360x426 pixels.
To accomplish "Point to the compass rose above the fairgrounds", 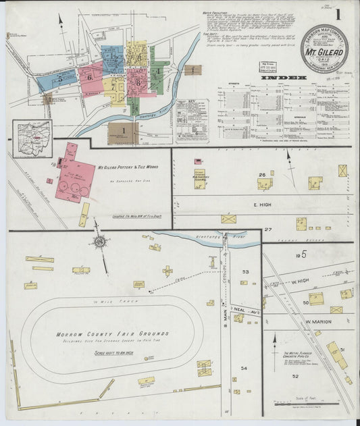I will (99, 242).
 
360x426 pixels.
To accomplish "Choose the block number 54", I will (245, 368).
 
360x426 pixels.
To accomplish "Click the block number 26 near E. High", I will (261, 176).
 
